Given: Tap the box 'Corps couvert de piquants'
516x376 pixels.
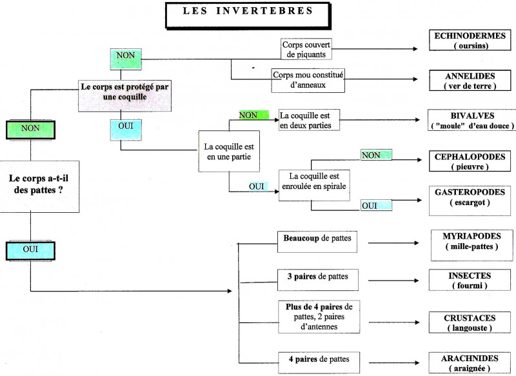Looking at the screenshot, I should pos(304,49).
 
